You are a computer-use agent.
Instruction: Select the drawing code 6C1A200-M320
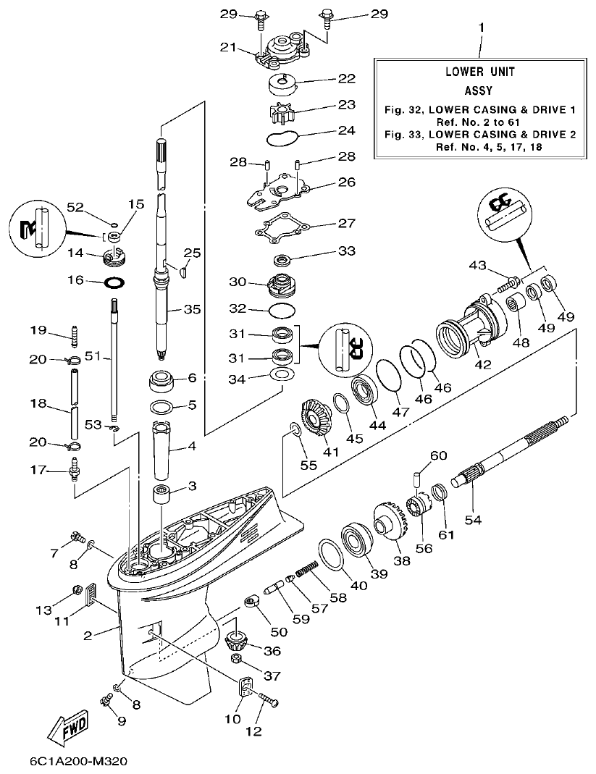pyautogui.click(x=80, y=762)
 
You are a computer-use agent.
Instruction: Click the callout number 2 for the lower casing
pyautogui.click(x=88, y=636)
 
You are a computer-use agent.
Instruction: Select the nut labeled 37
pyautogui.click(x=235, y=660)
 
